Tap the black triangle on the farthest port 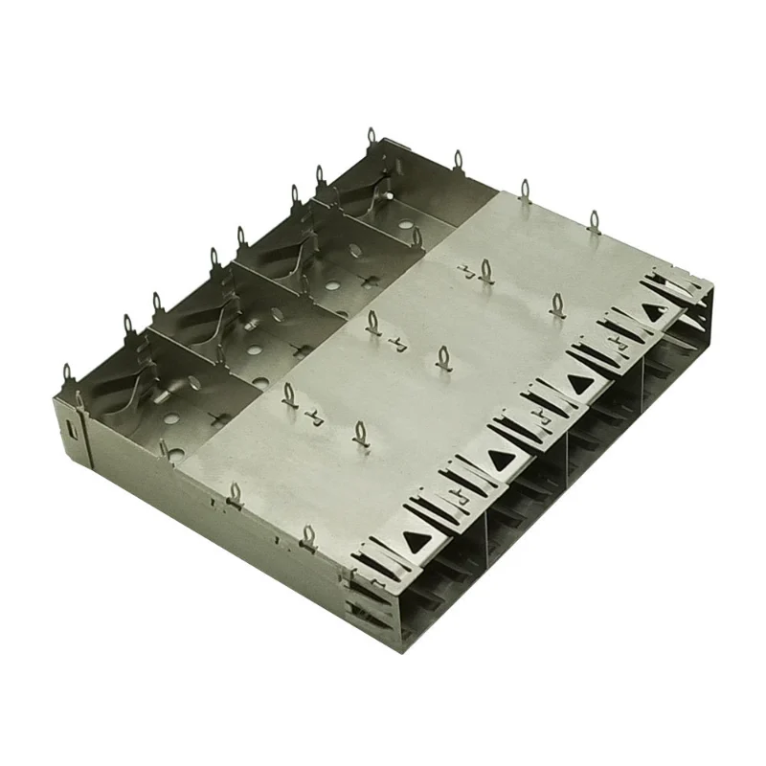(x=655, y=312)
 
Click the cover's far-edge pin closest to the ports (x=593, y=221)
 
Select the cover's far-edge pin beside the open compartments (x=523, y=187)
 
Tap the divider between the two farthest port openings (x=644, y=383)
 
